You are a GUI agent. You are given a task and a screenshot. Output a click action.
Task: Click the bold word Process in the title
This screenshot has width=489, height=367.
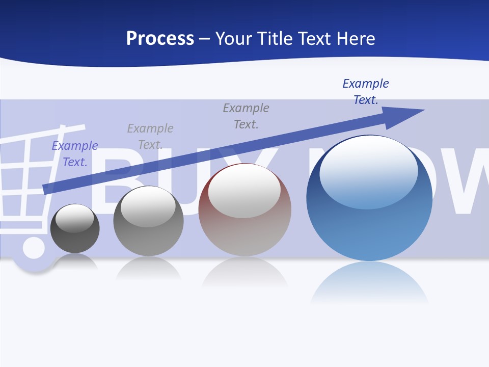(x=160, y=39)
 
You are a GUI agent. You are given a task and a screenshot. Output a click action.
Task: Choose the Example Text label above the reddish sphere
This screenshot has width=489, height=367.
(x=246, y=116)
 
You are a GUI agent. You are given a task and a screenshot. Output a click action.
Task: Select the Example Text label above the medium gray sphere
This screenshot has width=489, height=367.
(x=150, y=137)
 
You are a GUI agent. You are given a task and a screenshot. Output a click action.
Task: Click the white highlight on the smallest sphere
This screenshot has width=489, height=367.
(x=75, y=218)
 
